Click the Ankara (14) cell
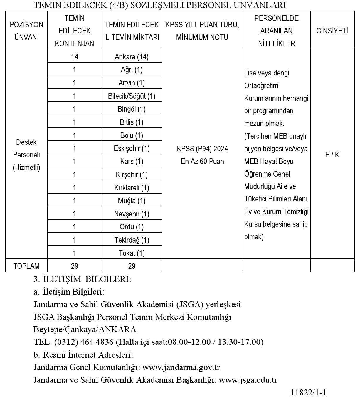click(x=132, y=56)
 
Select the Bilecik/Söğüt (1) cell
click(x=132, y=96)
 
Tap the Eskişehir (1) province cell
click(x=132, y=148)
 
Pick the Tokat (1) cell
click(x=132, y=253)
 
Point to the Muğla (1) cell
click(x=132, y=201)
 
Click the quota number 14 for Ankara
click(x=75, y=56)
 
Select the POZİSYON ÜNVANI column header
click(x=26, y=31)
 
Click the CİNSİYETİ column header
click(x=332, y=31)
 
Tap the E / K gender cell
click(x=332, y=155)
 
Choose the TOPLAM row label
click(x=26, y=266)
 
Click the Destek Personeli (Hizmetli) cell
click(x=26, y=155)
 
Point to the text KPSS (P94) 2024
click(x=202, y=149)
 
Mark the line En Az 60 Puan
click(x=202, y=161)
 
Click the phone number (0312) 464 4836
click(x=84, y=342)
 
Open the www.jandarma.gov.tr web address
click(x=181, y=367)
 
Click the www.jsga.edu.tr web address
click(x=248, y=380)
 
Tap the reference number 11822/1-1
click(x=309, y=393)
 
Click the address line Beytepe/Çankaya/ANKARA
click(x=85, y=329)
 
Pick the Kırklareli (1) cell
click(x=132, y=188)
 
